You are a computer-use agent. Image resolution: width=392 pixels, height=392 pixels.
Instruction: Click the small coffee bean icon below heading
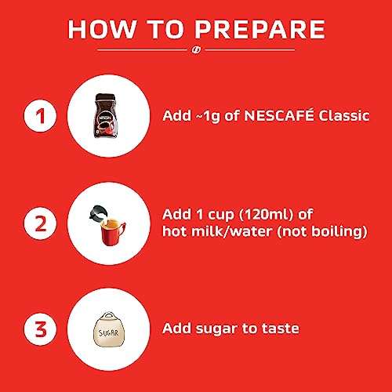196,53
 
